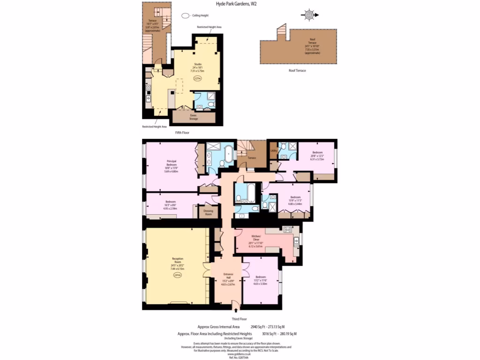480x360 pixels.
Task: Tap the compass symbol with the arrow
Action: point(309,15)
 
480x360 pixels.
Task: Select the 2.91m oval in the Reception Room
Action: point(177,276)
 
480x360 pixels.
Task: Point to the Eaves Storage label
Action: point(193,117)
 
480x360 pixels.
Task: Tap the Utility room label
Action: point(273,150)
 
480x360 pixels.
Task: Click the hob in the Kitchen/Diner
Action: point(287,230)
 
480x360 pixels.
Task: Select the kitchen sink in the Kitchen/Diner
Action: point(296,242)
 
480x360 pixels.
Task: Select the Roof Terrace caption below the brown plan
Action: point(297,70)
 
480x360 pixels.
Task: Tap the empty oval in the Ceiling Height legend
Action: point(186,15)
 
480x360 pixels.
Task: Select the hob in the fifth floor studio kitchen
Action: point(149,88)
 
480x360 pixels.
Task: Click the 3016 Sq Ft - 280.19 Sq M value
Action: point(279,334)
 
